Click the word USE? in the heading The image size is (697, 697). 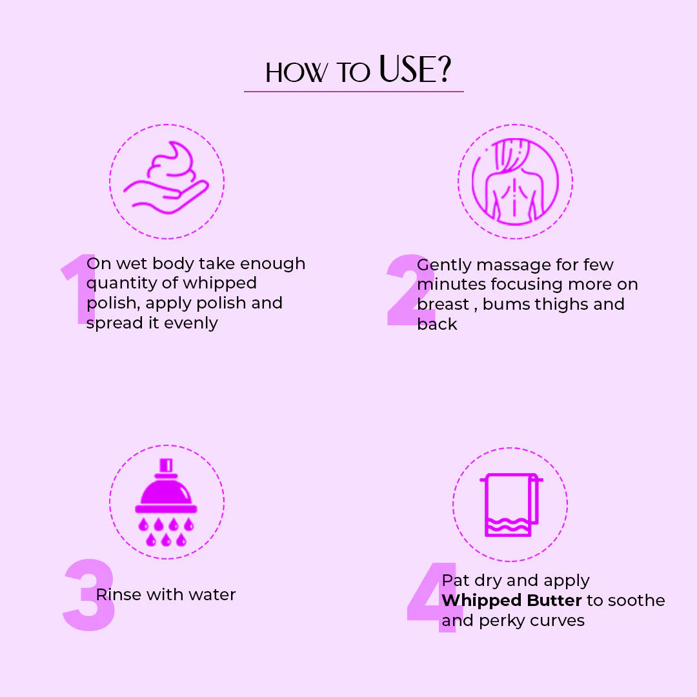click(x=415, y=69)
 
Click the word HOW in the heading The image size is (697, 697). click(x=296, y=72)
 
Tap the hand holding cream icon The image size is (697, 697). click(x=167, y=178)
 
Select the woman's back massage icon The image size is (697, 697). click(x=515, y=181)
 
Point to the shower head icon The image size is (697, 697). click(x=167, y=502)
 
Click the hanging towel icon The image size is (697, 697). click(x=511, y=505)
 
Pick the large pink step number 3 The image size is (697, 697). click(x=89, y=594)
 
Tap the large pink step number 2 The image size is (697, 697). click(x=410, y=290)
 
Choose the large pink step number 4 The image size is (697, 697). click(x=432, y=597)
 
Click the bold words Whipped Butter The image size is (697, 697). click(x=512, y=601)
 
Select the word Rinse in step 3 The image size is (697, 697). click(x=119, y=594)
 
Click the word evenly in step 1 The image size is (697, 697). click(x=190, y=323)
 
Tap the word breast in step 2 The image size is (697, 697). click(x=443, y=305)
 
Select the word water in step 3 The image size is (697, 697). click(x=213, y=595)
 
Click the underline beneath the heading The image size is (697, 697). click(x=354, y=92)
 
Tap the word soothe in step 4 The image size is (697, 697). click(x=636, y=601)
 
